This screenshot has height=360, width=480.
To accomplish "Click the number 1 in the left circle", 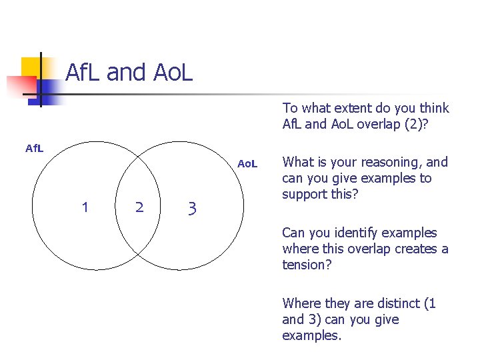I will pos(85,207).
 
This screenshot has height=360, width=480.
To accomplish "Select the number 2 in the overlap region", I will pos(139,207).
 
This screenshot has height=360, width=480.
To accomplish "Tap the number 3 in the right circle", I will pos(192,209).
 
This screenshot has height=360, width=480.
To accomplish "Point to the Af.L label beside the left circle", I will pos(34,148).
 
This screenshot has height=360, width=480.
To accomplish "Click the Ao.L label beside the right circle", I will pos(247,164).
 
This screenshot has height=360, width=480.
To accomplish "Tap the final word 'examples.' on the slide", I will pos(311,335).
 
